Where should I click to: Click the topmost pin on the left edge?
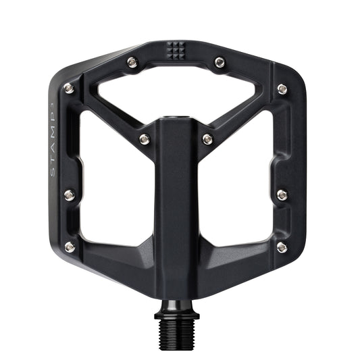[x=68, y=88]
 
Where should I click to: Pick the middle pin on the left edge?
[x=68, y=195]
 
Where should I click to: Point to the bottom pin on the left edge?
[x=69, y=247]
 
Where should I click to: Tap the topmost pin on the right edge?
[x=282, y=88]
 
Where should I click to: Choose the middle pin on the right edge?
[x=282, y=195]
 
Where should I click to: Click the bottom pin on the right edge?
[x=282, y=247]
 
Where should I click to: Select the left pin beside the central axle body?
[x=145, y=139]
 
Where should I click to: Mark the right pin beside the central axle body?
[x=207, y=139]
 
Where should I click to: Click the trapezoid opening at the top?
[x=177, y=95]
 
